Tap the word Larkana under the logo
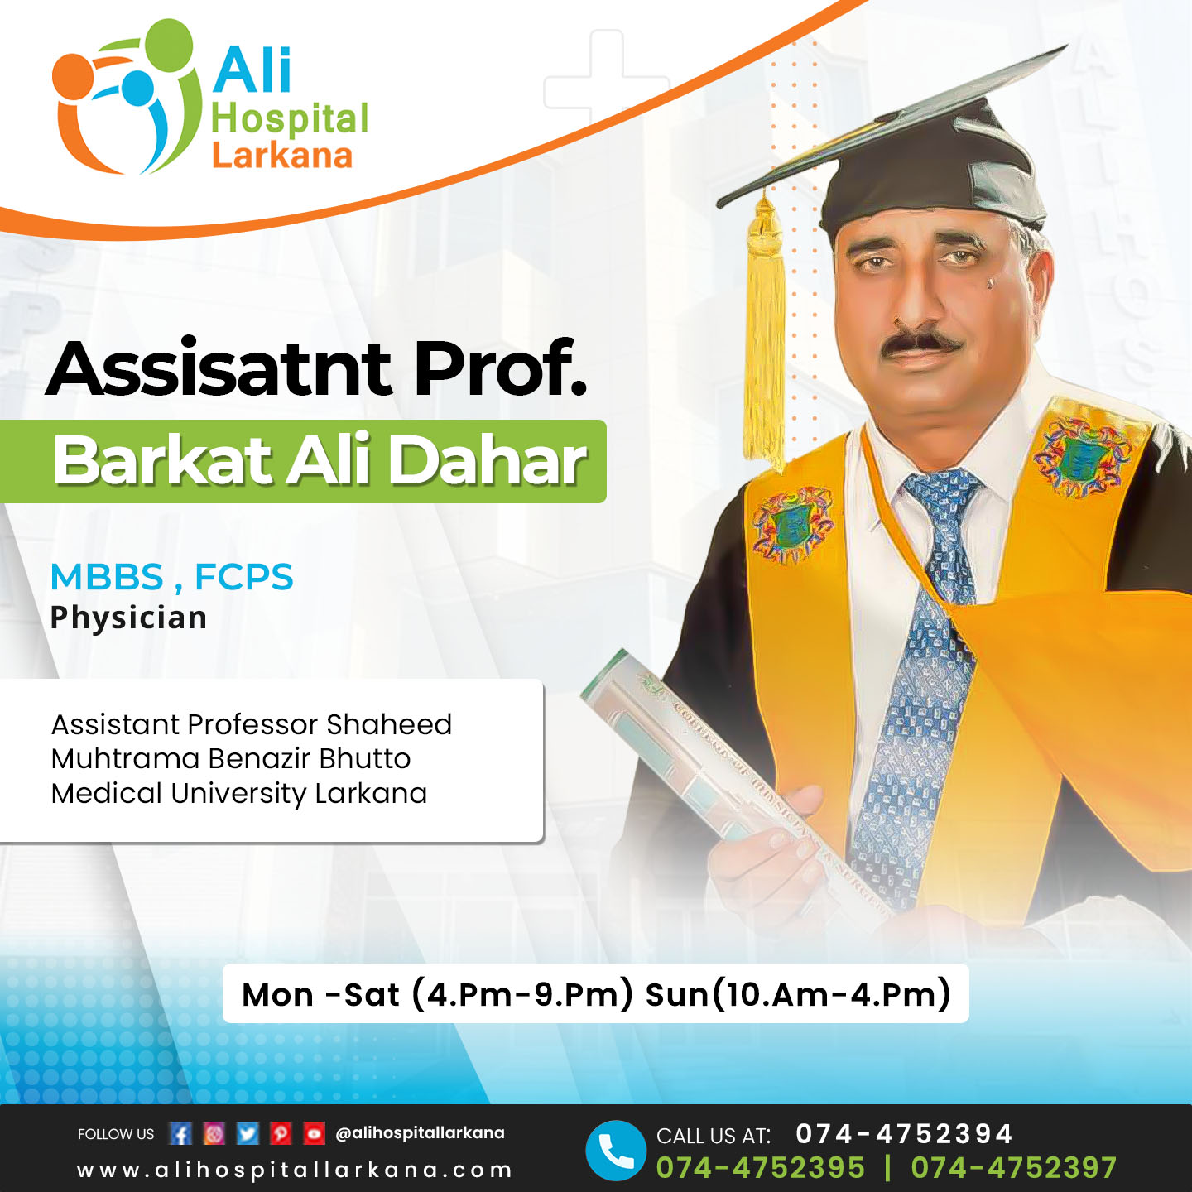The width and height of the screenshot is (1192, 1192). click(x=281, y=156)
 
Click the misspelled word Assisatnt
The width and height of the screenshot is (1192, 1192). click(x=219, y=368)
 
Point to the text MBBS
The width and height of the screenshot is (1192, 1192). click(x=107, y=577)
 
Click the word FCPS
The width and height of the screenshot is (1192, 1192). click(x=243, y=577)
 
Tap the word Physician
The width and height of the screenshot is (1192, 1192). click(x=128, y=618)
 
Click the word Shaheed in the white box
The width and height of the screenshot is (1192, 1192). click(x=389, y=724)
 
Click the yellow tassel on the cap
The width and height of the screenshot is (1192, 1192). click(x=765, y=339)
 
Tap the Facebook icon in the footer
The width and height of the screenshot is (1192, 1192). click(x=180, y=1133)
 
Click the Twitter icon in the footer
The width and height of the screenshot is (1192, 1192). click(x=248, y=1133)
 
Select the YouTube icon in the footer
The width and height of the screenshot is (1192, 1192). click(x=314, y=1133)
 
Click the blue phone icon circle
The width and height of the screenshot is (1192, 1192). click(x=616, y=1151)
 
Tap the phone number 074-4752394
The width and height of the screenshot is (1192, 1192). click(x=904, y=1133)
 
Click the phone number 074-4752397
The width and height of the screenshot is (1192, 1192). click(x=1013, y=1168)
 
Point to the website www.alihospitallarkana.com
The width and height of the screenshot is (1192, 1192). click(x=295, y=1170)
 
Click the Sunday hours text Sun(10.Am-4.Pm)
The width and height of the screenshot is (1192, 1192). click(x=798, y=994)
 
